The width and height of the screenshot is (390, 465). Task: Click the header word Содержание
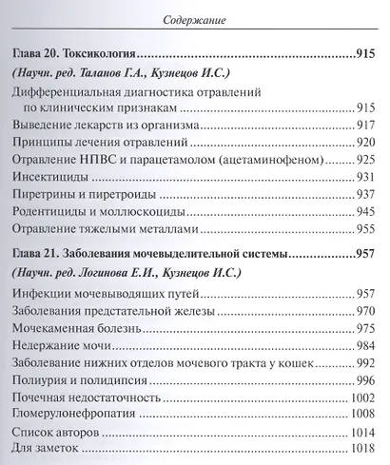click(x=195, y=16)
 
